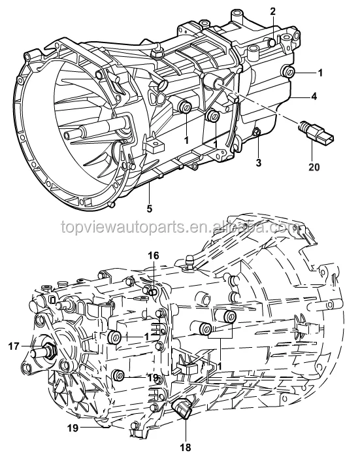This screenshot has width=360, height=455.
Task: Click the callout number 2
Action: pyautogui.click(x=272, y=10)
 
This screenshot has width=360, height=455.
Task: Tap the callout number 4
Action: pyautogui.click(x=314, y=96)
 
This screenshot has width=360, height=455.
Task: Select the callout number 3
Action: pyautogui.click(x=258, y=161)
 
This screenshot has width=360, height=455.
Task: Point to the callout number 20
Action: pyautogui.click(x=314, y=167)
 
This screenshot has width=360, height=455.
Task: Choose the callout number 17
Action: pyautogui.click(x=12, y=346)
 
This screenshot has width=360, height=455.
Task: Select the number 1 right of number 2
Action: pyautogui.click(x=320, y=73)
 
